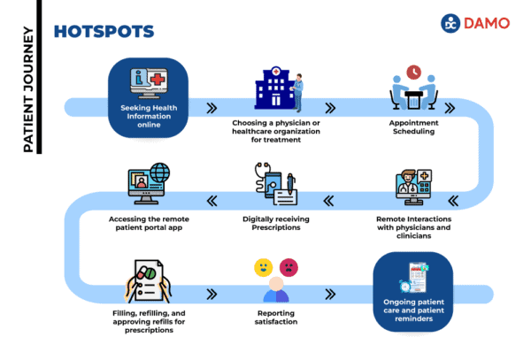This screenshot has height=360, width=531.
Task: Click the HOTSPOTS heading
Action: click(104, 31)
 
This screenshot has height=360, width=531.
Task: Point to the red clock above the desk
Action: click(412, 72)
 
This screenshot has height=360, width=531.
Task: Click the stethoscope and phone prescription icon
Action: click(275, 185)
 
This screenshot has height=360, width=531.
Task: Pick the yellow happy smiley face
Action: click(262, 266)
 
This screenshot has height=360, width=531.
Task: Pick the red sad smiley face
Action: click(289, 266)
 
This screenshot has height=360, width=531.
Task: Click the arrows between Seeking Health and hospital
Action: click(212, 109)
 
